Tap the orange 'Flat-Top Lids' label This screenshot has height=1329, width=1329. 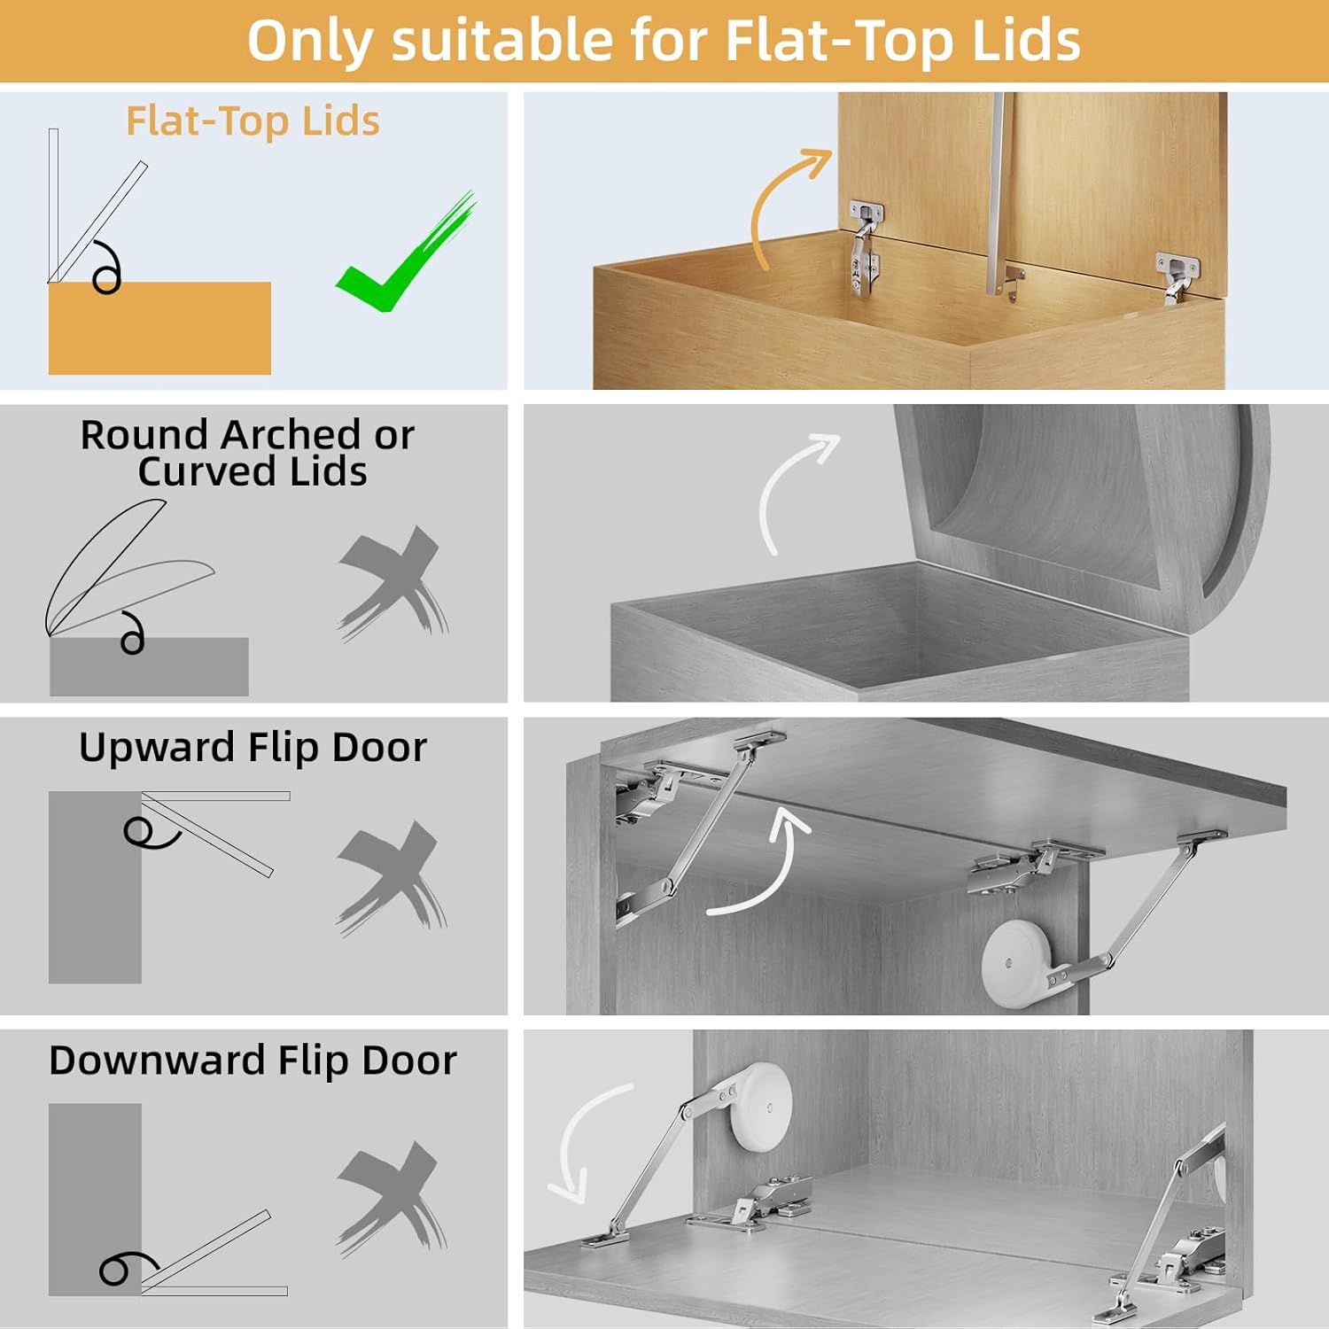pos(253,121)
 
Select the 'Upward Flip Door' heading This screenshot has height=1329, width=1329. pos(253,748)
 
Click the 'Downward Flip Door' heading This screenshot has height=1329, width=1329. pos(253,1061)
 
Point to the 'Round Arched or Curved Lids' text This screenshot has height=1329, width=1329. pos(248,453)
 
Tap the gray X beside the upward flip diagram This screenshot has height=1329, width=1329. pos(391,876)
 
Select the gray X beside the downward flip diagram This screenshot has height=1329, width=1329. pos(391,1197)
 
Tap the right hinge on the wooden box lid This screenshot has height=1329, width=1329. pos(1177,275)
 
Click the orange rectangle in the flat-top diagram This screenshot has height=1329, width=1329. pos(159,329)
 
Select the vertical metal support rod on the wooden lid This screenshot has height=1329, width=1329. pos(997,195)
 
